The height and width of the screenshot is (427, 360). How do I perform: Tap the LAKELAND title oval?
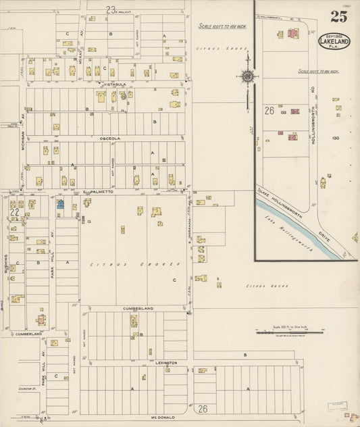[334, 42]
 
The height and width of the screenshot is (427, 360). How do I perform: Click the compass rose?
[247, 76]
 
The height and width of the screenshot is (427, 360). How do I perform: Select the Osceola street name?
[109, 138]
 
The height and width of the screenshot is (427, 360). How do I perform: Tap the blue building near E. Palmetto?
[60, 203]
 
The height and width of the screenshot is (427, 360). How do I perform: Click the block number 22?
[14, 212]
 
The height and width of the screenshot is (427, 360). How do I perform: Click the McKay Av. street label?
[79, 48]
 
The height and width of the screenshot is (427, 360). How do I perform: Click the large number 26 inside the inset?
[269, 111]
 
